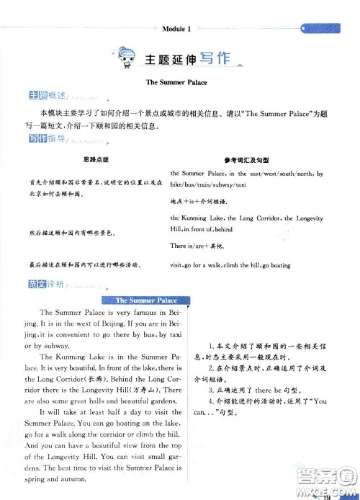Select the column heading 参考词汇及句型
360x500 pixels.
coord(248,158)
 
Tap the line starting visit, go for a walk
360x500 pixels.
coord(230,265)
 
